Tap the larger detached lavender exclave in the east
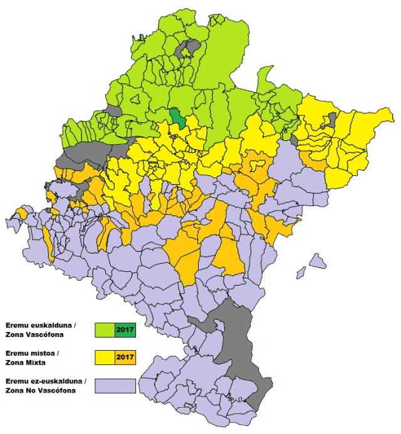[318, 260]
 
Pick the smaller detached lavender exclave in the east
[301, 272]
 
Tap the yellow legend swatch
[105, 358]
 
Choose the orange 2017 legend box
[125, 358]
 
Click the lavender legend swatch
[115, 386]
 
